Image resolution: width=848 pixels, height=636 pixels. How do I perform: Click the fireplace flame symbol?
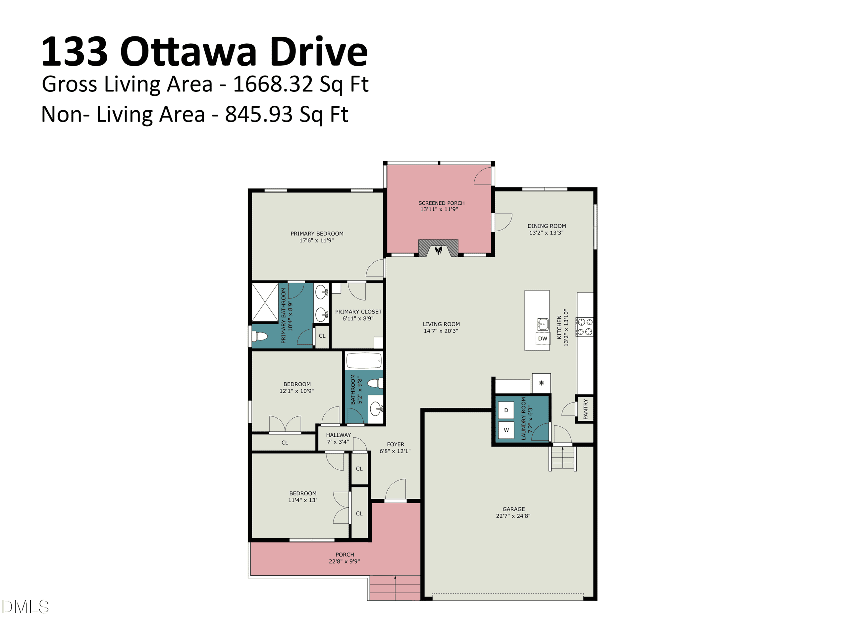[439, 250]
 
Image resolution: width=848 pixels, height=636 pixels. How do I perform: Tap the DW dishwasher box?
[543, 339]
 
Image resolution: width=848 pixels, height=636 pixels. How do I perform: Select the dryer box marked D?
[506, 410]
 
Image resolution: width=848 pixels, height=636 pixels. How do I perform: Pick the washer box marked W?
[506, 430]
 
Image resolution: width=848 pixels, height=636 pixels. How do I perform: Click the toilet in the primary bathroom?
[260, 337]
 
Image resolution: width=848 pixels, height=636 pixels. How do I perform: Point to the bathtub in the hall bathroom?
[364, 361]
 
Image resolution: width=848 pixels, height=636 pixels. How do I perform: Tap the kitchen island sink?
[543, 324]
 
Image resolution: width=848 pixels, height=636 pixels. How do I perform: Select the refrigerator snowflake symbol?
[541, 383]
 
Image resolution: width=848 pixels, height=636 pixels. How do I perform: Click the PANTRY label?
[585, 409]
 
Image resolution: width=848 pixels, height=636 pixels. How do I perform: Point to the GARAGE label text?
[514, 509]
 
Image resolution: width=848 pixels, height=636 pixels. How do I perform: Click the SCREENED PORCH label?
[441, 203]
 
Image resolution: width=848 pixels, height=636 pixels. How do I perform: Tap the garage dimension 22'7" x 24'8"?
[513, 516]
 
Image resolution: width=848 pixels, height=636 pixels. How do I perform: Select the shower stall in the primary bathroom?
[265, 302]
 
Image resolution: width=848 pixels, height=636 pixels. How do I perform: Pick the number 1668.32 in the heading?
[274, 84]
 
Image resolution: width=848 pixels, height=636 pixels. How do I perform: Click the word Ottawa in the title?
[188, 52]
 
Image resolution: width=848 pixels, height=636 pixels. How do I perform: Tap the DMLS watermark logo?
[25, 607]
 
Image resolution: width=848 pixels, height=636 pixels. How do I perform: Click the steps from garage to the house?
[562, 458]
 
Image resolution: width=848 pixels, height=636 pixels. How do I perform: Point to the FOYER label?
[395, 444]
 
